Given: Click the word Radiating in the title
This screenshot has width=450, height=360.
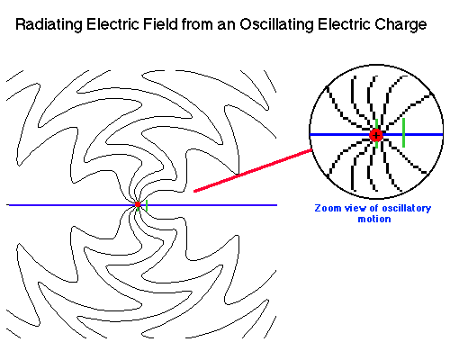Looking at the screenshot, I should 57,24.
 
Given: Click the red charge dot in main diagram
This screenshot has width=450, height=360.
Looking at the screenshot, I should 138,205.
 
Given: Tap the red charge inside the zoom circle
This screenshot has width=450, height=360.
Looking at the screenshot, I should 376,135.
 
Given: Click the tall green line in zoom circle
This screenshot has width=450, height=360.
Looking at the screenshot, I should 404,132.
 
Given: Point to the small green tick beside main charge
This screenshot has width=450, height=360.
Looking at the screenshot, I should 146,205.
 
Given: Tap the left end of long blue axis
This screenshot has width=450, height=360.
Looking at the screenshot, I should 9,205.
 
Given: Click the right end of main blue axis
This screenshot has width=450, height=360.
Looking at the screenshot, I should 274,205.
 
